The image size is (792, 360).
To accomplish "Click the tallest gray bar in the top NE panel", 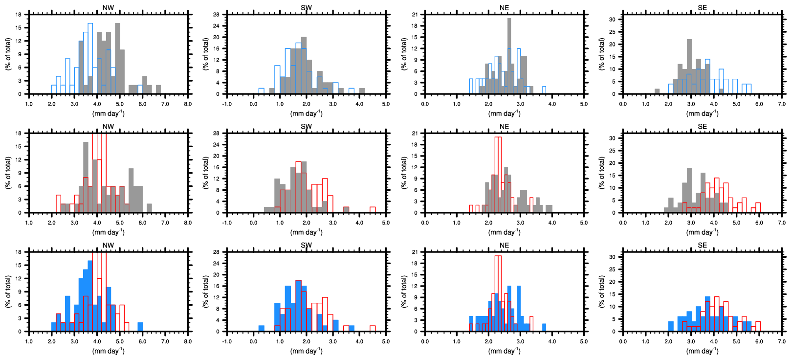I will [x=509, y=56].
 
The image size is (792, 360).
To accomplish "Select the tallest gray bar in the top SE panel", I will [x=689, y=67].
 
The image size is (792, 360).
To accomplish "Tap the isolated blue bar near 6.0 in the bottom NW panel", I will [x=140, y=327].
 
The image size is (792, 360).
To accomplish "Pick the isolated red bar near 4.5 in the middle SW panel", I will [x=373, y=210].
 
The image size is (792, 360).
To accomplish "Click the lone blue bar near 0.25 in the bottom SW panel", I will [x=261, y=328].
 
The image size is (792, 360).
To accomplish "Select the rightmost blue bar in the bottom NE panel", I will [x=544, y=327].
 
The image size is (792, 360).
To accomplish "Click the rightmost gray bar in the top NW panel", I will [x=158, y=90].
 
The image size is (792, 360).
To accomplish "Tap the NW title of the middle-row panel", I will [x=108, y=127].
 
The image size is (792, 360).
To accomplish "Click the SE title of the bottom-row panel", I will [x=702, y=246].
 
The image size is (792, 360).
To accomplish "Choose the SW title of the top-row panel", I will [x=306, y=8].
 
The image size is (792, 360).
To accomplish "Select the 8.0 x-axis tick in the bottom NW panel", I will [x=188, y=341].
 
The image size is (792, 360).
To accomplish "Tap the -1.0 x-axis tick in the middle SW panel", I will [x=227, y=223].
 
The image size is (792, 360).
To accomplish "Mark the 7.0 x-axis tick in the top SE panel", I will [x=782, y=104].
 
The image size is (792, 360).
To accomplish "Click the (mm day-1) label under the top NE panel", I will [x=504, y=113].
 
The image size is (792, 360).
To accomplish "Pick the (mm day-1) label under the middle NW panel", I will [x=108, y=232].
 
